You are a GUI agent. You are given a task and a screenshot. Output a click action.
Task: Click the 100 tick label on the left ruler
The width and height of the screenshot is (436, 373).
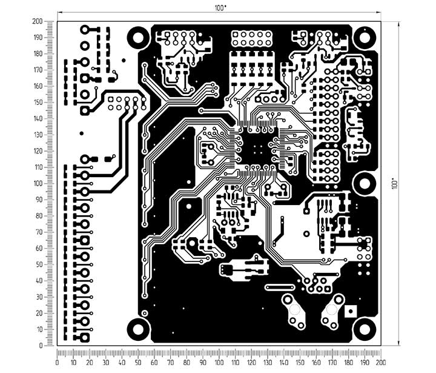(x=38, y=184)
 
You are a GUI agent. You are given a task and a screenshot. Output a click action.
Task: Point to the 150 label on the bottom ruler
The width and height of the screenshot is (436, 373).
(x=300, y=363)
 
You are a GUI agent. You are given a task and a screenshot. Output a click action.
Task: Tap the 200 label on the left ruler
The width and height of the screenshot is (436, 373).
(x=38, y=21)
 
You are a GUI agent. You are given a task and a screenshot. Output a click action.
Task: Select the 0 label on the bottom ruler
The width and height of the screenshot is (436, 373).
(x=58, y=363)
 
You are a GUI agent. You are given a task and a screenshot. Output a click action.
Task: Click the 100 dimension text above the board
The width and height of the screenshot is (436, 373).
(x=220, y=8)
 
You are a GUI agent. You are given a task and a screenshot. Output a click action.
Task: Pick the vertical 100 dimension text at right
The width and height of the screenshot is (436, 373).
(x=394, y=184)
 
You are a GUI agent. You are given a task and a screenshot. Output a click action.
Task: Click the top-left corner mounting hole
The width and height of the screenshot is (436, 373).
(x=138, y=38)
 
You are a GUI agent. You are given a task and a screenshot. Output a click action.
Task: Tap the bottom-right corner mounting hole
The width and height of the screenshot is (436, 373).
(x=365, y=329)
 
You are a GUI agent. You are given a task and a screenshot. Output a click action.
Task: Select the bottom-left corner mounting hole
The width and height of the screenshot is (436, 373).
(x=138, y=329)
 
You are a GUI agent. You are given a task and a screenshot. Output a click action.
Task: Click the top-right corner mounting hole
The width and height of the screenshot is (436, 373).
(x=365, y=38)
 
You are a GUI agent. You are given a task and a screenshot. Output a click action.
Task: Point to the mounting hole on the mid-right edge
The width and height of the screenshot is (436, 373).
(x=365, y=184)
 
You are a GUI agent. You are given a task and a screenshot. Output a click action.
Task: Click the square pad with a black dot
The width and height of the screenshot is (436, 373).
(x=351, y=311)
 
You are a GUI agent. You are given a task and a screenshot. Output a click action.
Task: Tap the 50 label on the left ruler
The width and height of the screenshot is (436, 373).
(x=39, y=264)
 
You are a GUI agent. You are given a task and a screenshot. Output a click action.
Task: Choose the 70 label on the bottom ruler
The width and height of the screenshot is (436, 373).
(x=170, y=363)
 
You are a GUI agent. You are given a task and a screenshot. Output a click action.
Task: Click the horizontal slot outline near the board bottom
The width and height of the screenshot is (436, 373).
(x=280, y=287)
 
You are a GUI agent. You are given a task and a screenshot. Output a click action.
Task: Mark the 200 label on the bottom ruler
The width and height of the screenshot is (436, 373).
(x=381, y=363)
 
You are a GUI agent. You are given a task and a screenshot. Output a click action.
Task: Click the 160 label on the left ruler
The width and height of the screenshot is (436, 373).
(x=38, y=86)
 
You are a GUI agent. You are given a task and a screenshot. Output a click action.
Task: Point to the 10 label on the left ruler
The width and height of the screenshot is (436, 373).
(x=39, y=329)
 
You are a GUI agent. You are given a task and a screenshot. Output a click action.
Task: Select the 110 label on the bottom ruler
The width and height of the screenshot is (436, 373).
(x=235, y=363)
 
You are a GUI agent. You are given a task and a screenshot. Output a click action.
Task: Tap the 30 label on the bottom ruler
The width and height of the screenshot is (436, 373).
(x=105, y=363)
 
